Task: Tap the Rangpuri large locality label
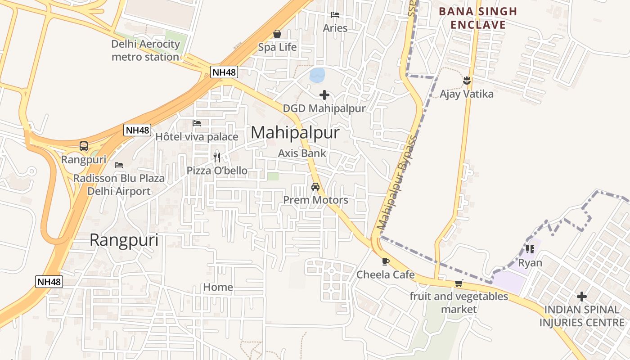coord(124,240)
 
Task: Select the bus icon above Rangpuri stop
coord(84,146)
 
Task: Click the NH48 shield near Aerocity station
coord(224,72)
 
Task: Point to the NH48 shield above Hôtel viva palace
coord(137,130)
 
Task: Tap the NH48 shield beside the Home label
coord(49,282)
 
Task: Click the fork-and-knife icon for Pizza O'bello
coord(217,157)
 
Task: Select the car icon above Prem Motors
coord(315,186)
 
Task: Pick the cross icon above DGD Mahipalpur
coord(324,95)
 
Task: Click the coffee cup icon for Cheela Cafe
coord(385,261)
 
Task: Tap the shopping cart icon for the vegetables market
coord(459,283)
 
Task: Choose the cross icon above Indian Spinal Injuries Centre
coord(582,297)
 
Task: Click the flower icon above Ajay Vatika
coord(466,81)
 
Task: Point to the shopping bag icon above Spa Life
coord(277,34)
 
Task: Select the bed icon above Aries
coord(335,14)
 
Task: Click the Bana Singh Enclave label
coord(478,18)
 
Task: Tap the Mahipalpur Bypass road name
coord(396,182)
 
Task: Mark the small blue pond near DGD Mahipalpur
coord(317,75)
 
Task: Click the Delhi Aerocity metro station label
coord(145,50)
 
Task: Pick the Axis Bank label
coord(302,153)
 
